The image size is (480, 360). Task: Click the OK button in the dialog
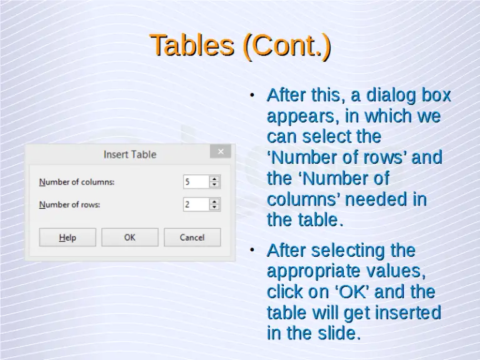click(129, 237)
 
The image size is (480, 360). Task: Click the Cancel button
click(192, 237)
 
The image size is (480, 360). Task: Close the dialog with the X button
click(221, 151)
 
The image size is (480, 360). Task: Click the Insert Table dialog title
click(130, 154)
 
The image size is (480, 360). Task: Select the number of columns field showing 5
click(195, 182)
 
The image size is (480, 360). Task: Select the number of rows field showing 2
click(195, 204)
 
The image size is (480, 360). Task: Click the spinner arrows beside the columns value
click(214, 182)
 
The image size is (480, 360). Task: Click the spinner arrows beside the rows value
click(214, 204)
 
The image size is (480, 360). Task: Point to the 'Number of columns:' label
click(77, 182)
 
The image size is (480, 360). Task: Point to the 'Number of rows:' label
click(69, 205)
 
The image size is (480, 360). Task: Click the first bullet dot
click(251, 96)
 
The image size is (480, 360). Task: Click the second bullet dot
click(251, 250)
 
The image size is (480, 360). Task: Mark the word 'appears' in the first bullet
click(296, 117)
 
